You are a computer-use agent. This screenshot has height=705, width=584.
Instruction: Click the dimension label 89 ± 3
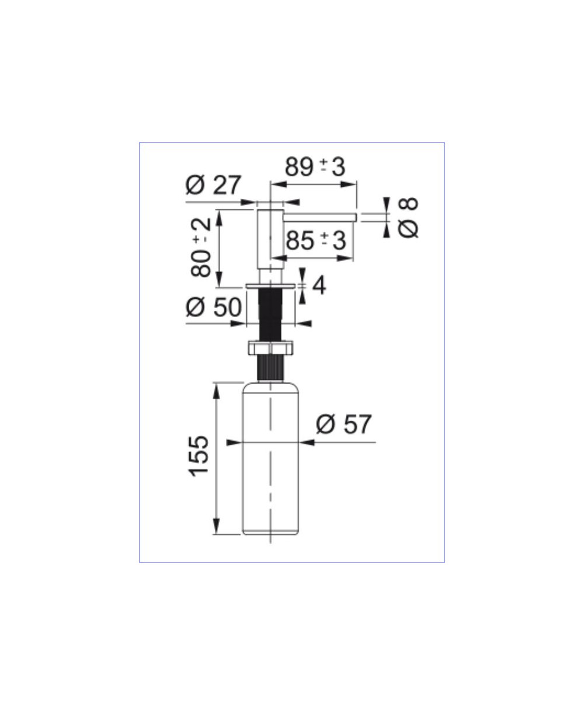coord(315,167)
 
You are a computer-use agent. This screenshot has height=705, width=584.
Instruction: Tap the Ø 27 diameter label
coord(214,184)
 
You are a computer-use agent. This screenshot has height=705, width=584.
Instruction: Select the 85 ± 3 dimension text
coord(316,241)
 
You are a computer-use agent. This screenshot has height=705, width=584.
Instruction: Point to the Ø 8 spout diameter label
coord(408,218)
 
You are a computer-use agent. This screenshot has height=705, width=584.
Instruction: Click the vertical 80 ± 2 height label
coord(201,247)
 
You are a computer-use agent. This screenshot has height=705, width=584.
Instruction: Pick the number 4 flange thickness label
coord(319,285)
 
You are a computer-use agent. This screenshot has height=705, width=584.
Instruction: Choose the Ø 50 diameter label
coord(214,307)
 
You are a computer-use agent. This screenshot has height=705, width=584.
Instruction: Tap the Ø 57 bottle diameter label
coord(344,424)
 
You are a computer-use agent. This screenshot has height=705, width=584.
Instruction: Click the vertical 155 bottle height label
coord(199,456)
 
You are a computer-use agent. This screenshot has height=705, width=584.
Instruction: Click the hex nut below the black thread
coord(270,348)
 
